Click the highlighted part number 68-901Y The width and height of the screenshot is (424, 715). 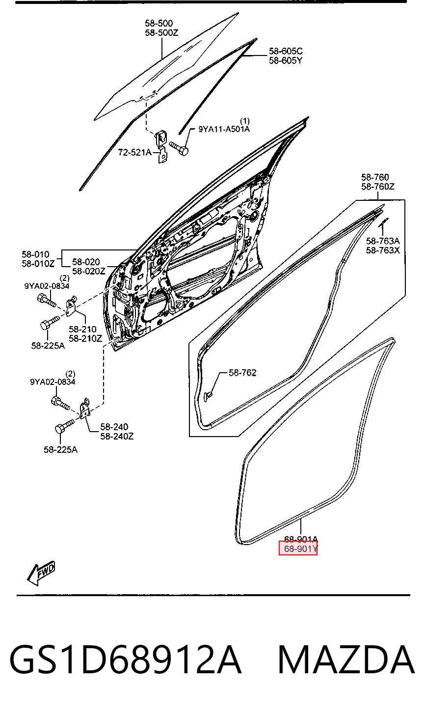[300, 549]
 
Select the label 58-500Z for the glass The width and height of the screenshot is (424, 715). [161, 32]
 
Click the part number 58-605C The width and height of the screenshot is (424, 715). [286, 51]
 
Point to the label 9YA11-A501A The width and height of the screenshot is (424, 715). [224, 129]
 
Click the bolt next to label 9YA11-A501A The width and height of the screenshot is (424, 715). [179, 148]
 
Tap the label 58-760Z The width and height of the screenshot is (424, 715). [378, 187]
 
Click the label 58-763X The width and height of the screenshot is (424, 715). [382, 250]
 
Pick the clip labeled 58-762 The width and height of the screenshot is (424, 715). [208, 396]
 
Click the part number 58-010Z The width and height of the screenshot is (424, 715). [38, 264]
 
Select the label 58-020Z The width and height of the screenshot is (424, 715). [89, 271]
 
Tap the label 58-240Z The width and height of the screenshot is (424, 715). [117, 436]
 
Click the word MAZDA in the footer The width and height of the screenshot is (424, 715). [346, 660]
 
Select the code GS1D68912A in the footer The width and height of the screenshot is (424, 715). [125, 660]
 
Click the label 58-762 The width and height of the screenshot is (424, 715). [242, 373]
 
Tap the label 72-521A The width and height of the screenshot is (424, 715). [134, 153]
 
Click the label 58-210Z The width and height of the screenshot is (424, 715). [85, 338]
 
